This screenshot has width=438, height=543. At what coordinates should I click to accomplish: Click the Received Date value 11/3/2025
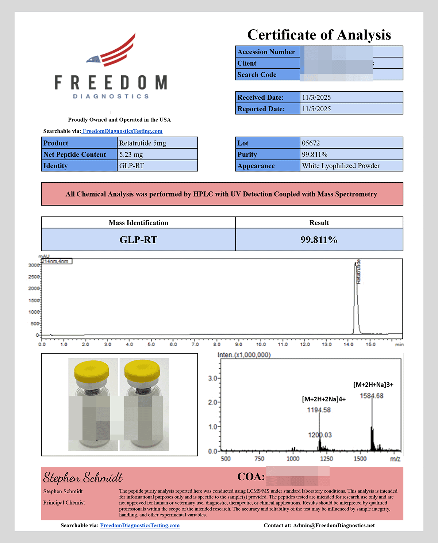[316, 97]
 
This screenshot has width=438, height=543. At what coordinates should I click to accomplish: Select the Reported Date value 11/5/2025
[316, 109]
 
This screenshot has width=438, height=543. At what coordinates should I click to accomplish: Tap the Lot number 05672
[311, 143]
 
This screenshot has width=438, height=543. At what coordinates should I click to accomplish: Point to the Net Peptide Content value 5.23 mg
[131, 154]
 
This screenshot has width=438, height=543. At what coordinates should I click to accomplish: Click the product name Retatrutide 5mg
[142, 143]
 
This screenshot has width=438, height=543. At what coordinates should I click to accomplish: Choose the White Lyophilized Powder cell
[341, 166]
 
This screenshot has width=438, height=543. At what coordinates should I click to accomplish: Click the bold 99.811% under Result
[319, 240]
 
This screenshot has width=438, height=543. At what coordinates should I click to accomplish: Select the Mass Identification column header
[138, 223]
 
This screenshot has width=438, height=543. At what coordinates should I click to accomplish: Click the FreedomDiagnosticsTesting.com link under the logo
[122, 131]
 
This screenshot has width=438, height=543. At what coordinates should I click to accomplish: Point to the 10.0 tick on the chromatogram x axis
[261, 344]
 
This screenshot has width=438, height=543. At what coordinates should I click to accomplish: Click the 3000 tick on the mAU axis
[34, 265]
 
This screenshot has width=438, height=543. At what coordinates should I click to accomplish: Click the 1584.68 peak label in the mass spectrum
[372, 396]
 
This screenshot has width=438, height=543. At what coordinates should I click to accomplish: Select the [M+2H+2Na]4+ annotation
[324, 399]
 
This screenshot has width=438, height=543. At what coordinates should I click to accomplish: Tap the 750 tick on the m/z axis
[259, 459]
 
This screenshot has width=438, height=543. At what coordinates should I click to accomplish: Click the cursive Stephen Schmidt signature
[83, 477]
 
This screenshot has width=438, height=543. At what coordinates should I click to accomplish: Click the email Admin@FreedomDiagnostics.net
[334, 525]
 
